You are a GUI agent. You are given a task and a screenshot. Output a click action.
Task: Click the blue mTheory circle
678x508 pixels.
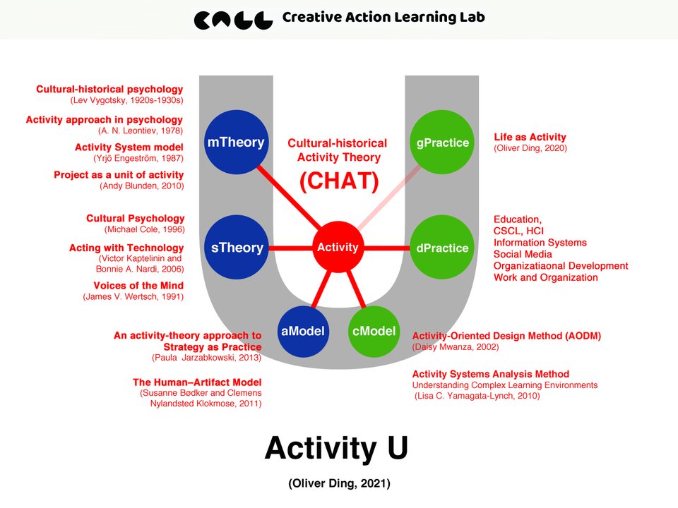coord(235,143)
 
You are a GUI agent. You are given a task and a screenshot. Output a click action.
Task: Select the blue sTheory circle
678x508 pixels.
coord(237,248)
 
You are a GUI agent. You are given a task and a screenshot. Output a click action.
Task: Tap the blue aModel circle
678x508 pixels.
coord(303,331)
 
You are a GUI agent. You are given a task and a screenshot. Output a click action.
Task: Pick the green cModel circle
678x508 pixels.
coord(372,331)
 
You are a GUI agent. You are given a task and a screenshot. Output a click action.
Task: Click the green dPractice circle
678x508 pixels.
coord(442,248)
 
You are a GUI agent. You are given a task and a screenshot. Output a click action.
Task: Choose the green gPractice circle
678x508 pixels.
coord(442,143)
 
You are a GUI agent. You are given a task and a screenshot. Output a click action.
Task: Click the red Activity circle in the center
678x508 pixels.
coord(338,248)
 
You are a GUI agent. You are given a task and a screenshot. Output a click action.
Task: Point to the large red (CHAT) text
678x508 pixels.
coord(339,181)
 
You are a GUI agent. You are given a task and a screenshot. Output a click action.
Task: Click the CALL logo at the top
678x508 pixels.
coord(233,19)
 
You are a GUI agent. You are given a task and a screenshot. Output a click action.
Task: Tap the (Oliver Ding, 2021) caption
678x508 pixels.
coord(339,484)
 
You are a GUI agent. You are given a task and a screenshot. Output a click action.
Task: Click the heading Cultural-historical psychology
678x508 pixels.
coord(109,90)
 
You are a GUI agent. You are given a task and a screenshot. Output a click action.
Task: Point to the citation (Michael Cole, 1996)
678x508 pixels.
coord(145,230)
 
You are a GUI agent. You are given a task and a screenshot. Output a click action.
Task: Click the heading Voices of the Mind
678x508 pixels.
coord(138,286)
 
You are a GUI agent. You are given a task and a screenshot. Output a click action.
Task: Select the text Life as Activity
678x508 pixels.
coord(530,137)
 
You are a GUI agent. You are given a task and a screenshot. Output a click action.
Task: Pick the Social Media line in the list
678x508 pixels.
coord(523,254)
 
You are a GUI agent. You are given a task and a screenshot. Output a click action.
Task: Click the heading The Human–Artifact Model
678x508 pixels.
coord(197,382)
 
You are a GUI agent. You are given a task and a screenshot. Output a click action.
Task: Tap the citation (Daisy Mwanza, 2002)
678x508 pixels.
coord(456,347)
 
